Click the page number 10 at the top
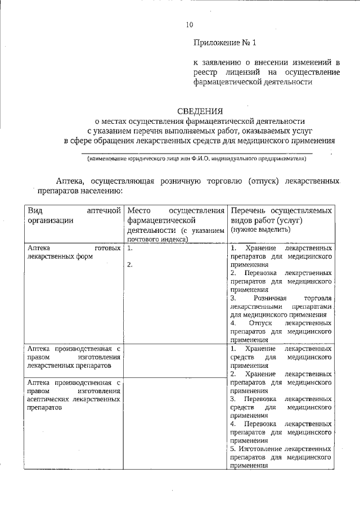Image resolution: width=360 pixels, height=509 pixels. coord(189,25)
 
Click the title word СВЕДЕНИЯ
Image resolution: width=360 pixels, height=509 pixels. coord(200,111)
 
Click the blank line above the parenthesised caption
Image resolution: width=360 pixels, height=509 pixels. coord(196,152)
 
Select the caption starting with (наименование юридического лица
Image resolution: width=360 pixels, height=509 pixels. coord(196,159)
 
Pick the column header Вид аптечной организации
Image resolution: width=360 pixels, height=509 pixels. coord(74,215)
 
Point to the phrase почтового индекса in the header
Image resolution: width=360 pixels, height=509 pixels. coord(157,239)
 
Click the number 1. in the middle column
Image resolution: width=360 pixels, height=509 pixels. coord(130,248)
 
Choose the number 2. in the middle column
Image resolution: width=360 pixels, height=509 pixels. coord(130,265)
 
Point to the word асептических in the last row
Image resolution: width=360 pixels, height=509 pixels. coord(49,399)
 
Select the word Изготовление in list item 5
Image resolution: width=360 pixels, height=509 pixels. coord(260,450)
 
